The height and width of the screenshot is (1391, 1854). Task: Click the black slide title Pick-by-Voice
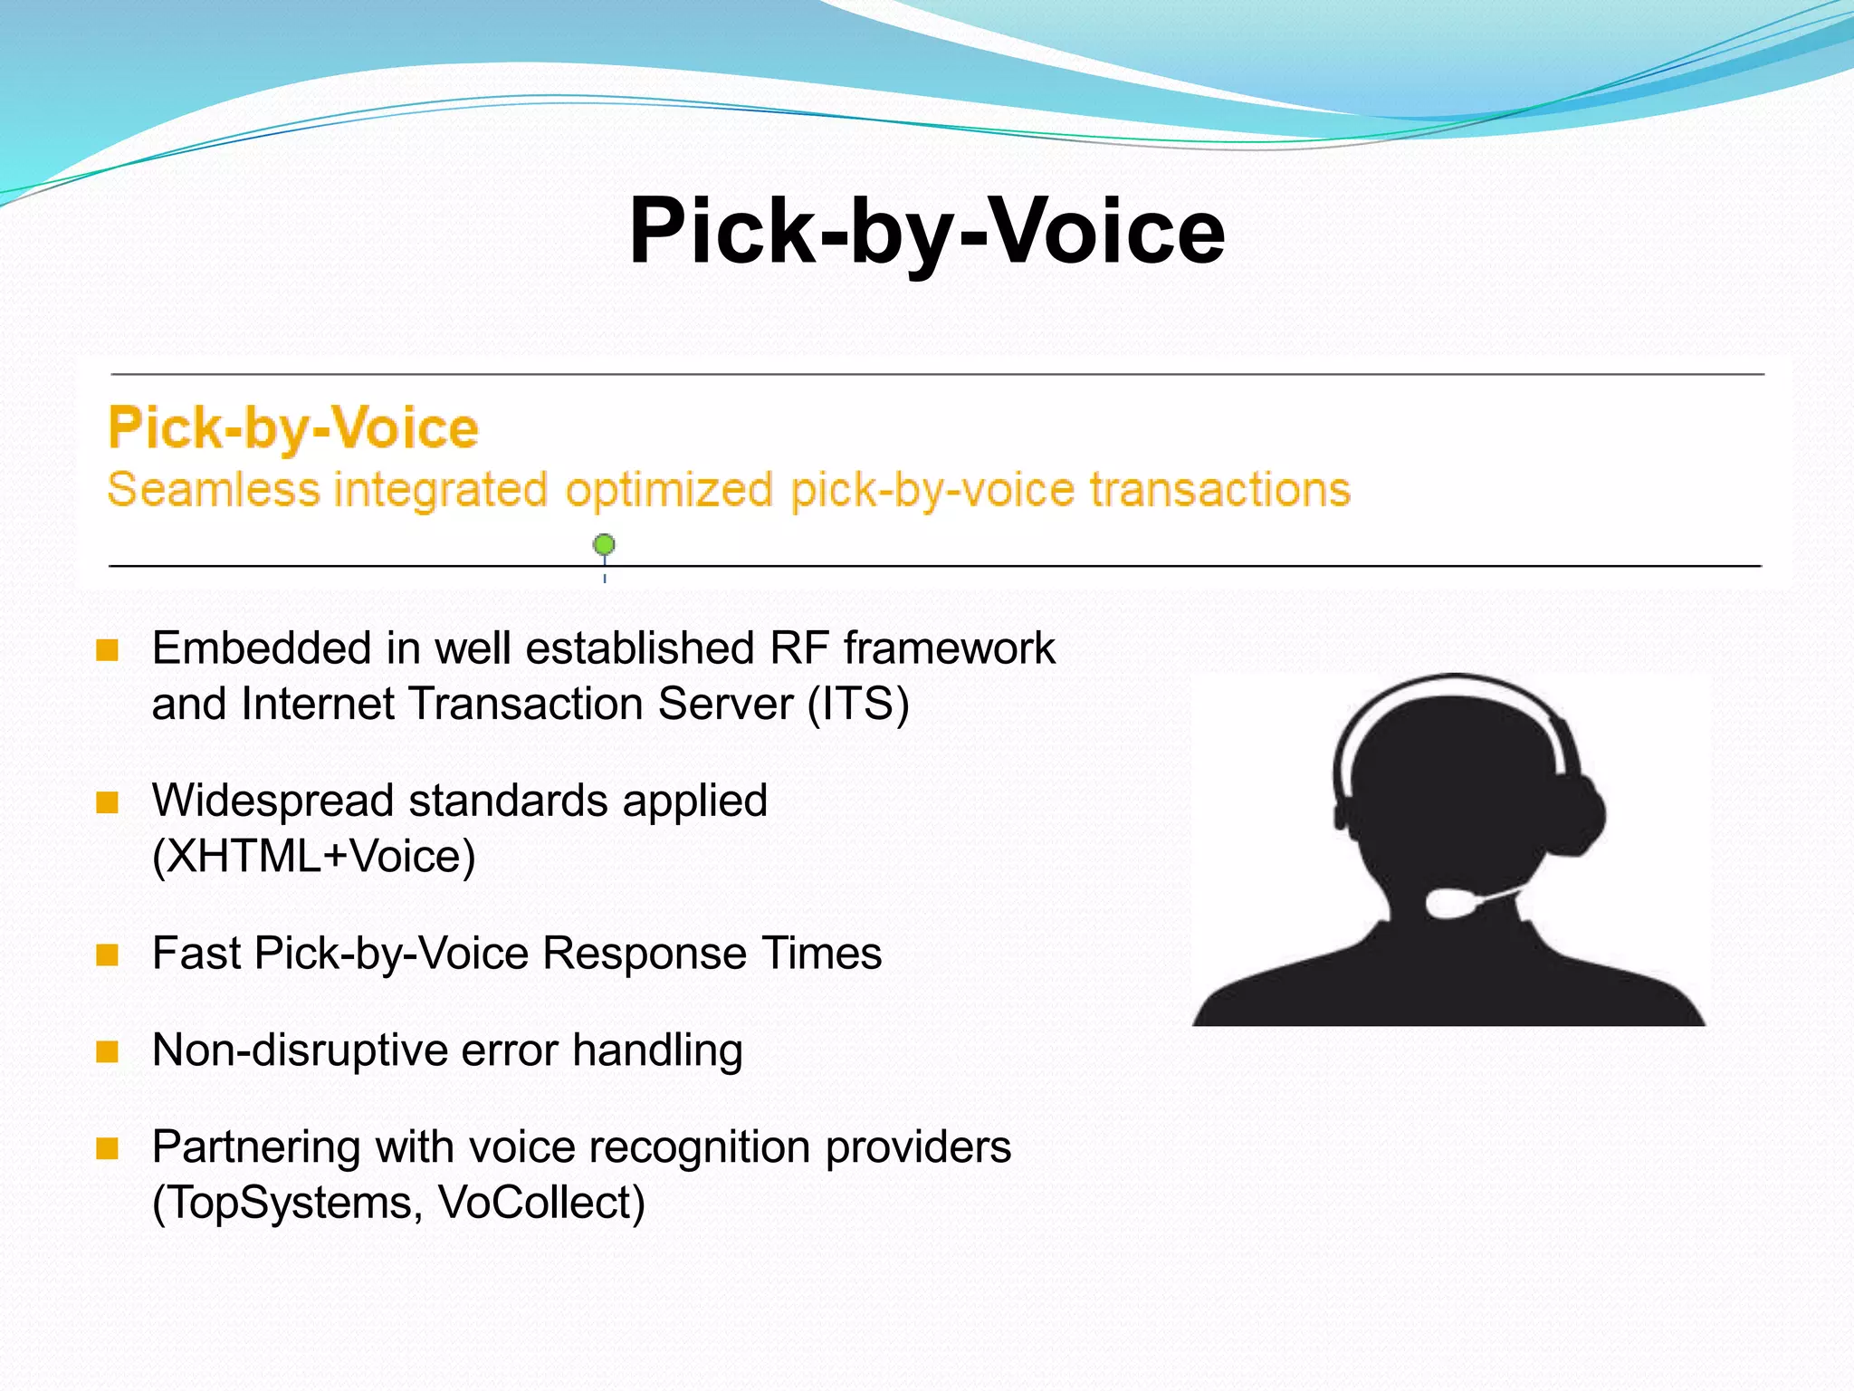[x=926, y=232]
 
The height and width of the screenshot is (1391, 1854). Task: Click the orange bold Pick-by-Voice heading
[x=292, y=427]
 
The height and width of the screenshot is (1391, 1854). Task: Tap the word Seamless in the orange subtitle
[x=214, y=490]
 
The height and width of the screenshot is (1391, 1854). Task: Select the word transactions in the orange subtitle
[x=1219, y=490]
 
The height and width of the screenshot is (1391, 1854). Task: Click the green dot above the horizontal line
[x=604, y=544]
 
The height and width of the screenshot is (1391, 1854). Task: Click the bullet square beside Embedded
[x=108, y=650]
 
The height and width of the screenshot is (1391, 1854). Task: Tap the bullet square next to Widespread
[x=108, y=802]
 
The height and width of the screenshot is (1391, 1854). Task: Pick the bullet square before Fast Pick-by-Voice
[x=108, y=955]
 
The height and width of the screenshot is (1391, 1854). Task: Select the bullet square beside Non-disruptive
[x=108, y=1051]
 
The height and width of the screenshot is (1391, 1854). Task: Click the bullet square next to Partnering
[x=108, y=1148]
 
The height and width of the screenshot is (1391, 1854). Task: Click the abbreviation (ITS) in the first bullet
[x=858, y=705]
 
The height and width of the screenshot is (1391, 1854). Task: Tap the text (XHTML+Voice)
[x=313, y=857]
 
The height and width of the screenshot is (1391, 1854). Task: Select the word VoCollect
[x=541, y=1204]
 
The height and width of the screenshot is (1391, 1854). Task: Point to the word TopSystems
[x=288, y=1204]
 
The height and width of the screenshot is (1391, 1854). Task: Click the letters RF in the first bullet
[x=799, y=648]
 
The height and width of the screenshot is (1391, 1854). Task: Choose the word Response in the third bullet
[x=645, y=954]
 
